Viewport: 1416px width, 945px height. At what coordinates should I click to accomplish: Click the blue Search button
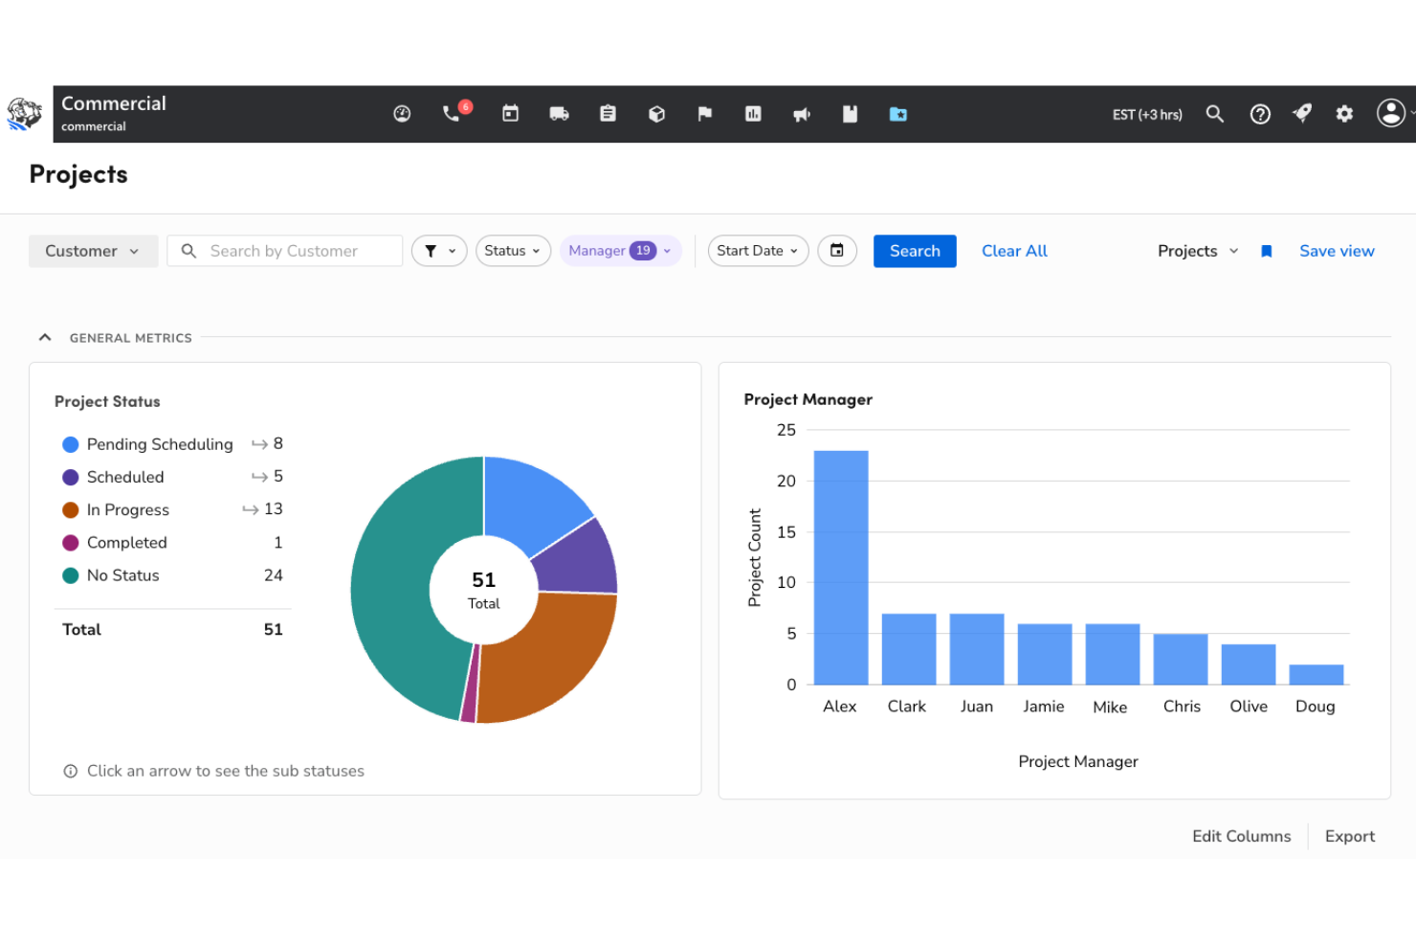tap(914, 251)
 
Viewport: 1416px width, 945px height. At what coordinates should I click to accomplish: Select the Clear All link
tap(1014, 251)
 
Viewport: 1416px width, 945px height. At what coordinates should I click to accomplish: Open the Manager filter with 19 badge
tap(620, 251)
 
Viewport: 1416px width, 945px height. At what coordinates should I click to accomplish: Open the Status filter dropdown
tap(513, 251)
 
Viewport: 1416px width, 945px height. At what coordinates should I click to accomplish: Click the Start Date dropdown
tap(758, 251)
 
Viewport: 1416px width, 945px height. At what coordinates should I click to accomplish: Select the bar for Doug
tap(1316, 674)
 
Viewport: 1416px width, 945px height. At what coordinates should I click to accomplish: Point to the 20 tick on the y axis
tap(786, 481)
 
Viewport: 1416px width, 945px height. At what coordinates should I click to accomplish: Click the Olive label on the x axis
tap(1248, 707)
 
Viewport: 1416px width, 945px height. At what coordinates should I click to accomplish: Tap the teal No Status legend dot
tap(70, 575)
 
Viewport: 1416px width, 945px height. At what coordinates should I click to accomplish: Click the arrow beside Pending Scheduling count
tap(258, 444)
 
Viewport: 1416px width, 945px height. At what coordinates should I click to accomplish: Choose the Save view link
tap(1336, 251)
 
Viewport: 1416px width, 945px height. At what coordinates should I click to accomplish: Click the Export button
tap(1349, 836)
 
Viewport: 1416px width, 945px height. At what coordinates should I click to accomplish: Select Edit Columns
tap(1241, 836)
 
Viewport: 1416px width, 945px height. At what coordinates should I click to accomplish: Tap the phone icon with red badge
tap(452, 114)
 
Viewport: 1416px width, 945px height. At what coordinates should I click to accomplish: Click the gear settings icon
tap(1344, 114)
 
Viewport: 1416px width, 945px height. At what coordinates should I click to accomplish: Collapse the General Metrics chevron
tap(45, 337)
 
